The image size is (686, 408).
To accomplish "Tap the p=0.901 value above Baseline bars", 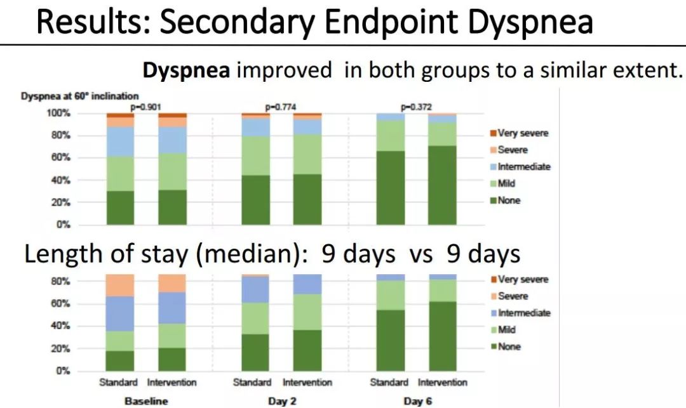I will click(x=145, y=107).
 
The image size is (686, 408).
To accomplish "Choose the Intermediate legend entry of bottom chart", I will click(x=524, y=313).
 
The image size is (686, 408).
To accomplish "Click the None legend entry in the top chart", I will click(x=509, y=201).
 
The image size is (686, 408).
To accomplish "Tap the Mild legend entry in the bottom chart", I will click(x=507, y=330).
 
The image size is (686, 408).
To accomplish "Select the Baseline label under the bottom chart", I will click(x=146, y=401).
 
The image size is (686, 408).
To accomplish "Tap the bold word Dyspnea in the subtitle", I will click(x=186, y=70).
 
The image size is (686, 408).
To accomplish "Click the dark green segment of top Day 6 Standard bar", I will click(x=391, y=188).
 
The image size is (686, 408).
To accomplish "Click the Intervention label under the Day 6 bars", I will click(x=442, y=383).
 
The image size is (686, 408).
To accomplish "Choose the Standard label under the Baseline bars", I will click(x=118, y=383).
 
